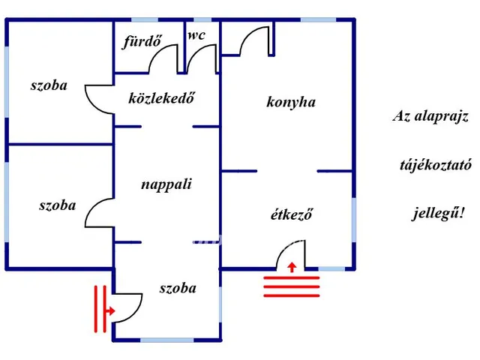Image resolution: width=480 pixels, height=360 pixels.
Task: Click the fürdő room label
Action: coord(142,41)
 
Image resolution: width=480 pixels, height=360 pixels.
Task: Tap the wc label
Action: coord(196,35)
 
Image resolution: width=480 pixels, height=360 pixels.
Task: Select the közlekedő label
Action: coord(162,97)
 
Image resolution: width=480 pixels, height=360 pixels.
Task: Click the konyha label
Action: coord(291,102)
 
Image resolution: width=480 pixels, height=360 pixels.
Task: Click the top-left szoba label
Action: coord(49,85)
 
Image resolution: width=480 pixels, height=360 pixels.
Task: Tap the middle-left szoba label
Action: coord(57,204)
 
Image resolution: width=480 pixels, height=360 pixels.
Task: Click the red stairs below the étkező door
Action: coord(292,286)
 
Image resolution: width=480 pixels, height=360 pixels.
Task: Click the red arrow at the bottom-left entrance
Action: coord(109,309)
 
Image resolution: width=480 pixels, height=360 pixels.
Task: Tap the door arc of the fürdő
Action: coord(163,60)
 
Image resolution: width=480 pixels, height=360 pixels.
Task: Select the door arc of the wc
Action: coord(201,58)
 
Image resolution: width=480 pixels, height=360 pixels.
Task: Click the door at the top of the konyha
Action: coord(253,41)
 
